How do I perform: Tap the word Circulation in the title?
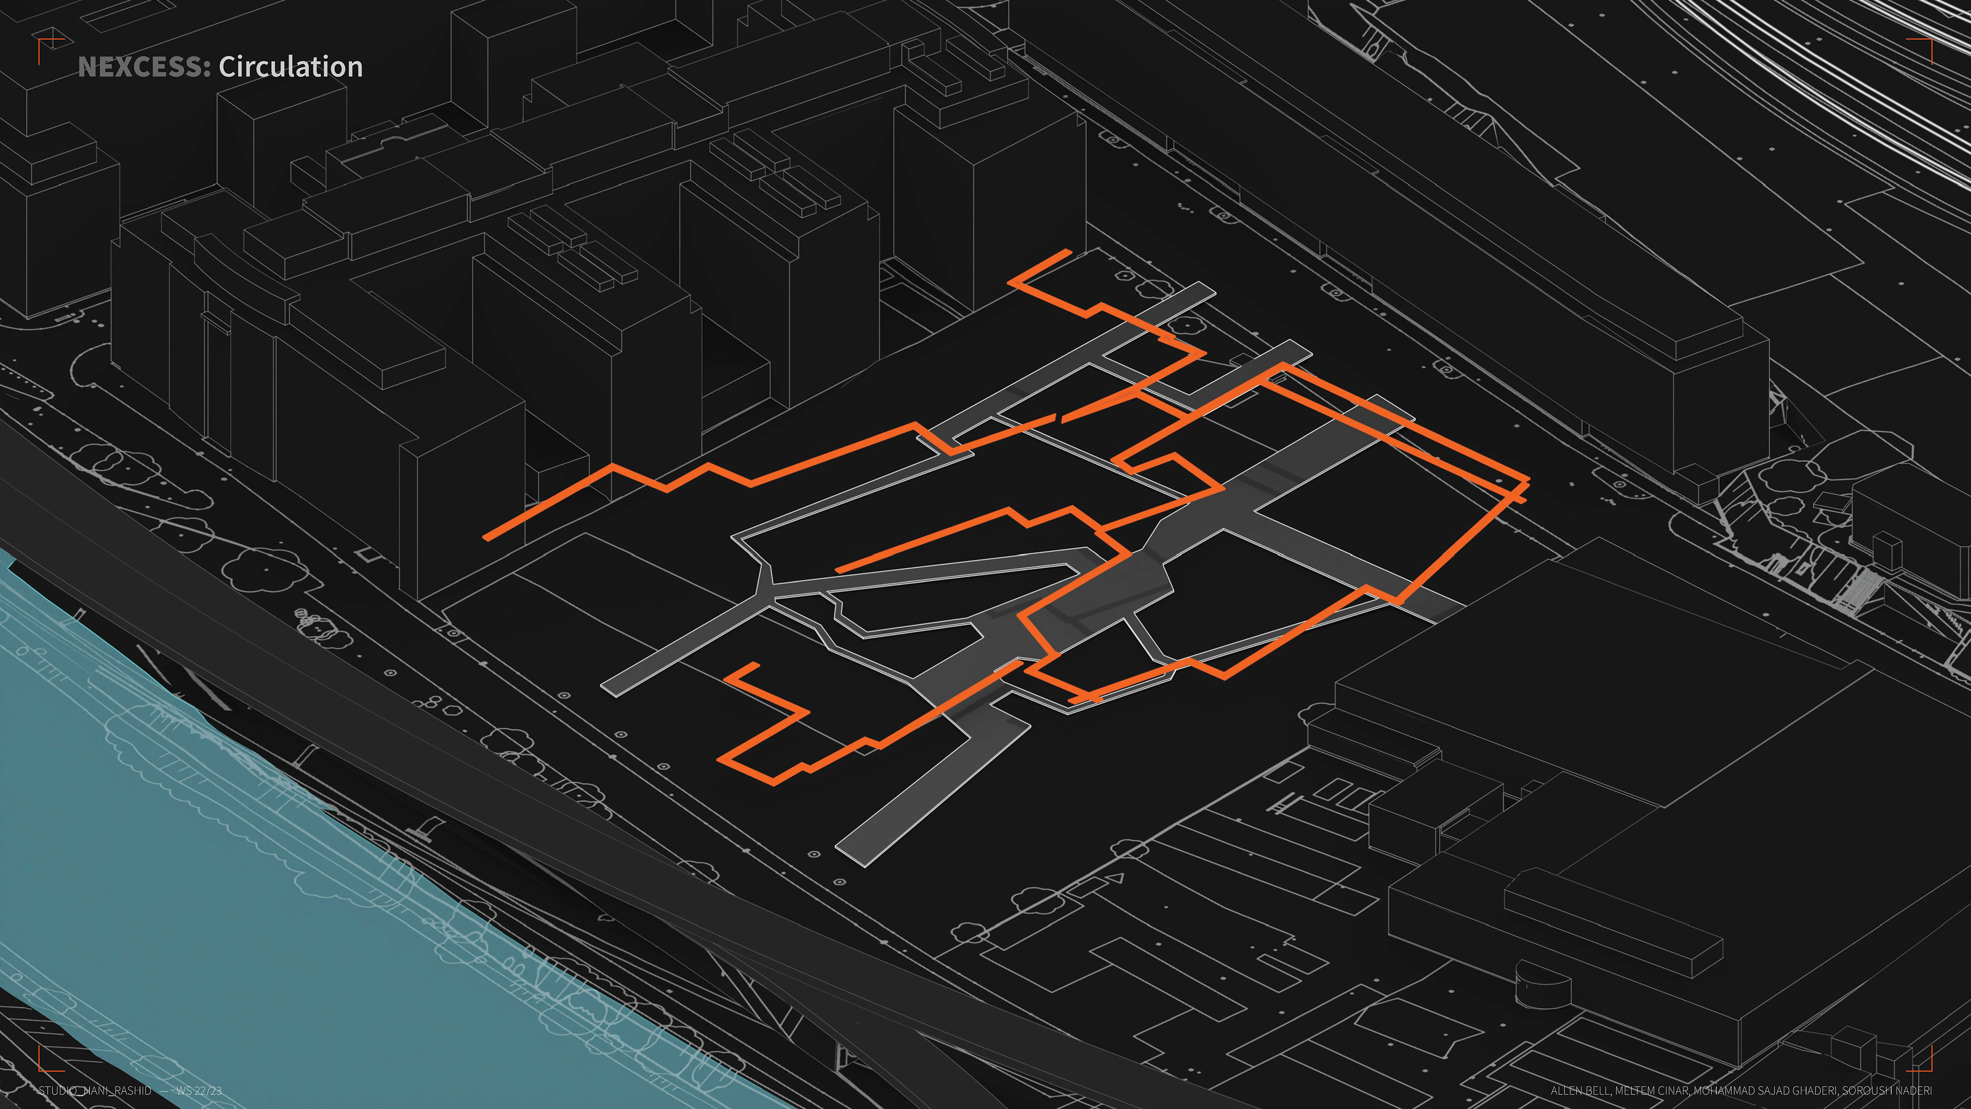pyautogui.click(x=290, y=67)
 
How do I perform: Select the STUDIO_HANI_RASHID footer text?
pyautogui.click(x=95, y=1090)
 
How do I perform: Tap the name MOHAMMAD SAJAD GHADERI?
pyautogui.click(x=1760, y=1090)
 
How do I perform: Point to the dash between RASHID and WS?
pyautogui.click(x=164, y=1090)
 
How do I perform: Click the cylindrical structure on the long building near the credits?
pyautogui.click(x=1542, y=984)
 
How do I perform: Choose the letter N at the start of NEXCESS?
pyautogui.click(x=86, y=67)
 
